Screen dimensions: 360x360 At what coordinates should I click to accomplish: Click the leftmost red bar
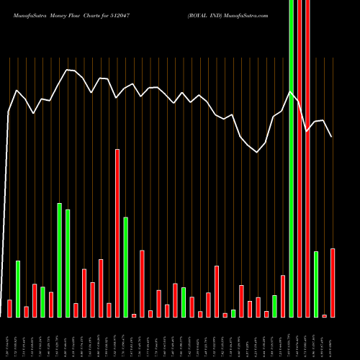point(9,308)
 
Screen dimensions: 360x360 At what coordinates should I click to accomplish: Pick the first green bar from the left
point(18,288)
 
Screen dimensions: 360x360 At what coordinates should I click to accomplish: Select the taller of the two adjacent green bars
point(60,260)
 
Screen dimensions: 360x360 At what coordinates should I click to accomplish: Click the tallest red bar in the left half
point(117,233)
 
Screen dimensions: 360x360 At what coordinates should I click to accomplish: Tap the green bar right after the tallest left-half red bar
point(125,266)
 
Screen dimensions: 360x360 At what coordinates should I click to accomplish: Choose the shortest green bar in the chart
point(233,313)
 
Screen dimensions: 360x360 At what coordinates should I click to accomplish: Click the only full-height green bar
point(291,158)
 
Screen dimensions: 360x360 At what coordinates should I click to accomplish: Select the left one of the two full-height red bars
point(299,158)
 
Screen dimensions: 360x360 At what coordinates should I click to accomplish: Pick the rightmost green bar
point(316,284)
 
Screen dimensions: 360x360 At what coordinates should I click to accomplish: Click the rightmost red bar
point(333,282)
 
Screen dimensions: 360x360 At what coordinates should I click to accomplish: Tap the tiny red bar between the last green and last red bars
point(324,315)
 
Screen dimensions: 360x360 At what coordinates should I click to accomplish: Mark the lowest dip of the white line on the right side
point(257,152)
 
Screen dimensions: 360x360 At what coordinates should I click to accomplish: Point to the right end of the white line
point(332,137)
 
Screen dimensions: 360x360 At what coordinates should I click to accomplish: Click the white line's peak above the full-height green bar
point(290,91)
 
